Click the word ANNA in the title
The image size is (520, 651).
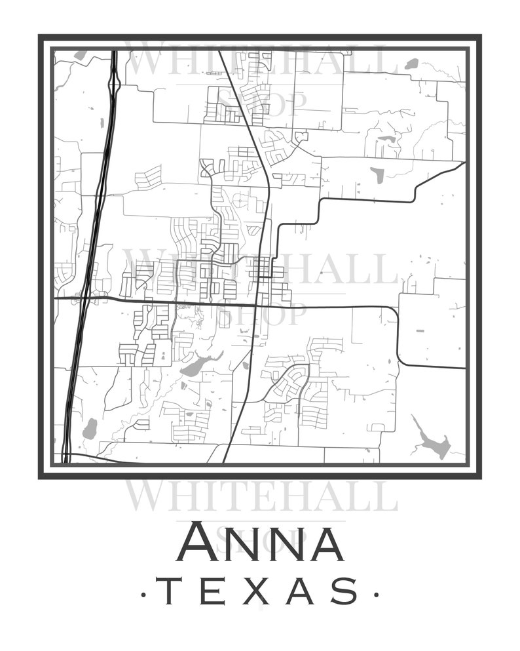(x=260, y=542)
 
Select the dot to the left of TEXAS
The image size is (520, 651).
(x=145, y=595)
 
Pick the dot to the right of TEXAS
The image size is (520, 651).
(x=376, y=595)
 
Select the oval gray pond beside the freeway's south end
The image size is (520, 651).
(x=90, y=429)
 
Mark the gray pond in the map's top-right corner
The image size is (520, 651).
(x=411, y=64)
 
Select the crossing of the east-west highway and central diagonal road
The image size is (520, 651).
(x=255, y=305)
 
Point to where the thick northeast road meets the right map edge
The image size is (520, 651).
(x=464, y=163)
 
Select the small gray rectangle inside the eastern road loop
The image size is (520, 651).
(x=377, y=174)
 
